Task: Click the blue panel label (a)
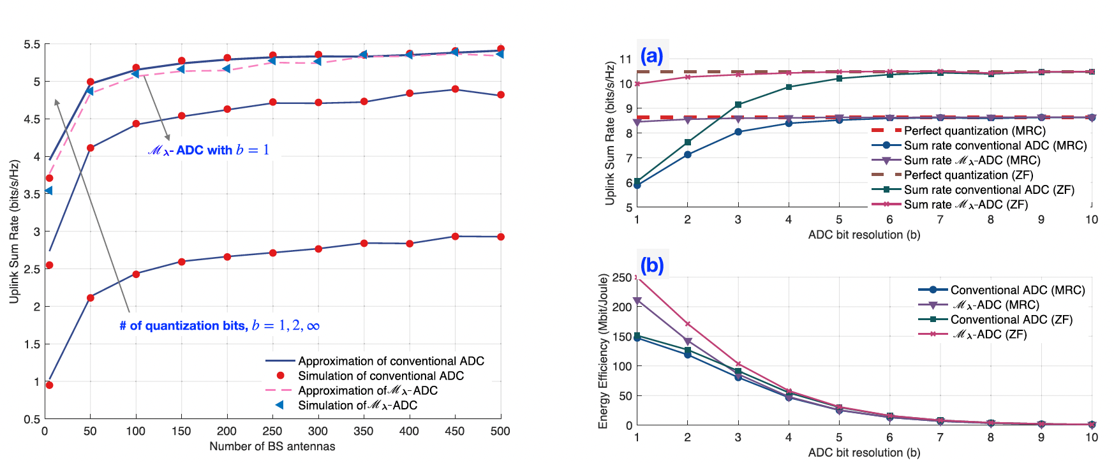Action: pyautogui.click(x=651, y=56)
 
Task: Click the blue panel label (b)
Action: pyautogui.click(x=652, y=265)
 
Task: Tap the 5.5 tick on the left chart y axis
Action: pyautogui.click(x=32, y=45)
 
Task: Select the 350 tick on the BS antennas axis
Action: pyautogui.click(x=363, y=431)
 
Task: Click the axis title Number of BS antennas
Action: pyautogui.click(x=272, y=446)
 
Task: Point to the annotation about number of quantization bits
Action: pyautogui.click(x=219, y=326)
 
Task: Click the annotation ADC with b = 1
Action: pyautogui.click(x=209, y=151)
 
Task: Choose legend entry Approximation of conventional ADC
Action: pyautogui.click(x=391, y=361)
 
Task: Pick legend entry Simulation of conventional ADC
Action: pyautogui.click(x=381, y=376)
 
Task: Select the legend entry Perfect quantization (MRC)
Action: pyautogui.click(x=975, y=131)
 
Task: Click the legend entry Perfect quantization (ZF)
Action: pyautogui.click(x=969, y=175)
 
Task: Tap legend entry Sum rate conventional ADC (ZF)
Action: pyautogui.click(x=989, y=189)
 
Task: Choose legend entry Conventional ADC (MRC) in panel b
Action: pyautogui.click(x=1018, y=290)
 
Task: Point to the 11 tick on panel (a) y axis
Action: pyautogui.click(x=625, y=59)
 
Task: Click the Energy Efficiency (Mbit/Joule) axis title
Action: pyautogui.click(x=604, y=351)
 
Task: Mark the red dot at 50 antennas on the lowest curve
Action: pyautogui.click(x=91, y=298)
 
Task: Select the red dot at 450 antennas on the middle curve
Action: pyautogui.click(x=455, y=89)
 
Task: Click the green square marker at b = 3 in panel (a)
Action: pyautogui.click(x=738, y=105)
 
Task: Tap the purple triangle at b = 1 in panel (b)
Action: pyautogui.click(x=637, y=301)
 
